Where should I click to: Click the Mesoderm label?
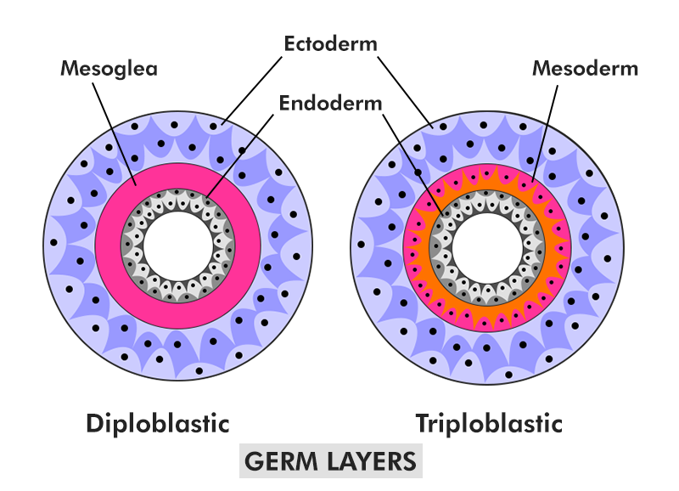click(x=585, y=68)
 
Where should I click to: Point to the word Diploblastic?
click(x=158, y=422)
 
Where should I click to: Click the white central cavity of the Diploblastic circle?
click(x=178, y=245)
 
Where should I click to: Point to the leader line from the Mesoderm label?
click(x=547, y=127)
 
